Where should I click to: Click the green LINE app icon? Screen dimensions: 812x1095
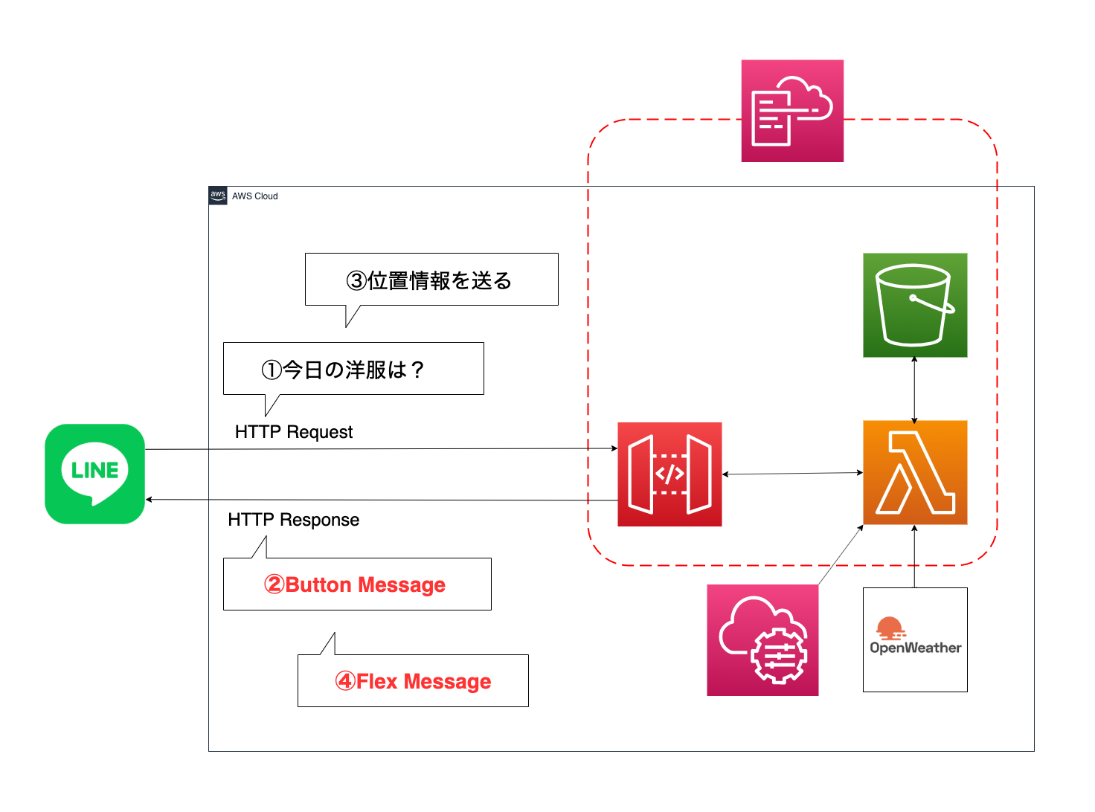point(94,474)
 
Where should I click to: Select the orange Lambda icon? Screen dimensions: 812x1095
point(915,472)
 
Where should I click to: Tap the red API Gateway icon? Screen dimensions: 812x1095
point(669,474)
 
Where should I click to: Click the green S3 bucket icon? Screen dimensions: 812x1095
point(915,305)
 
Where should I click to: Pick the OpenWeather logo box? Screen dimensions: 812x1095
point(915,639)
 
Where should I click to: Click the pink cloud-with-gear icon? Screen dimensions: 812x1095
point(762,639)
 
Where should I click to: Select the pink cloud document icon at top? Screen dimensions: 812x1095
point(792,111)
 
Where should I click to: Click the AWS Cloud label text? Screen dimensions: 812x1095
point(254,196)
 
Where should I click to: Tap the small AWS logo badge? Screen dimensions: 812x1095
point(218,196)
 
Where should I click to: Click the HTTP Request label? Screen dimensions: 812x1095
point(294,432)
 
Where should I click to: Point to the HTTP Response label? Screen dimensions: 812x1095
point(294,520)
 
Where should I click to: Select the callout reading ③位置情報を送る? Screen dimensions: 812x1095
point(431,280)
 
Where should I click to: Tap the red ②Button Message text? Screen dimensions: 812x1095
point(356,584)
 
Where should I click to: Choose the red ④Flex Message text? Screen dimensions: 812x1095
point(414,681)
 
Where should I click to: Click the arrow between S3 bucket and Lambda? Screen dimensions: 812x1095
point(914,389)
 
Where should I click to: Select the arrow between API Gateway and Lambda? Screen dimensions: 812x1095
point(792,473)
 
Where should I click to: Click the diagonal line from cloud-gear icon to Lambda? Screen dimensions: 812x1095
point(841,555)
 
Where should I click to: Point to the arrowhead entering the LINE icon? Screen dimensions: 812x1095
point(150,499)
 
